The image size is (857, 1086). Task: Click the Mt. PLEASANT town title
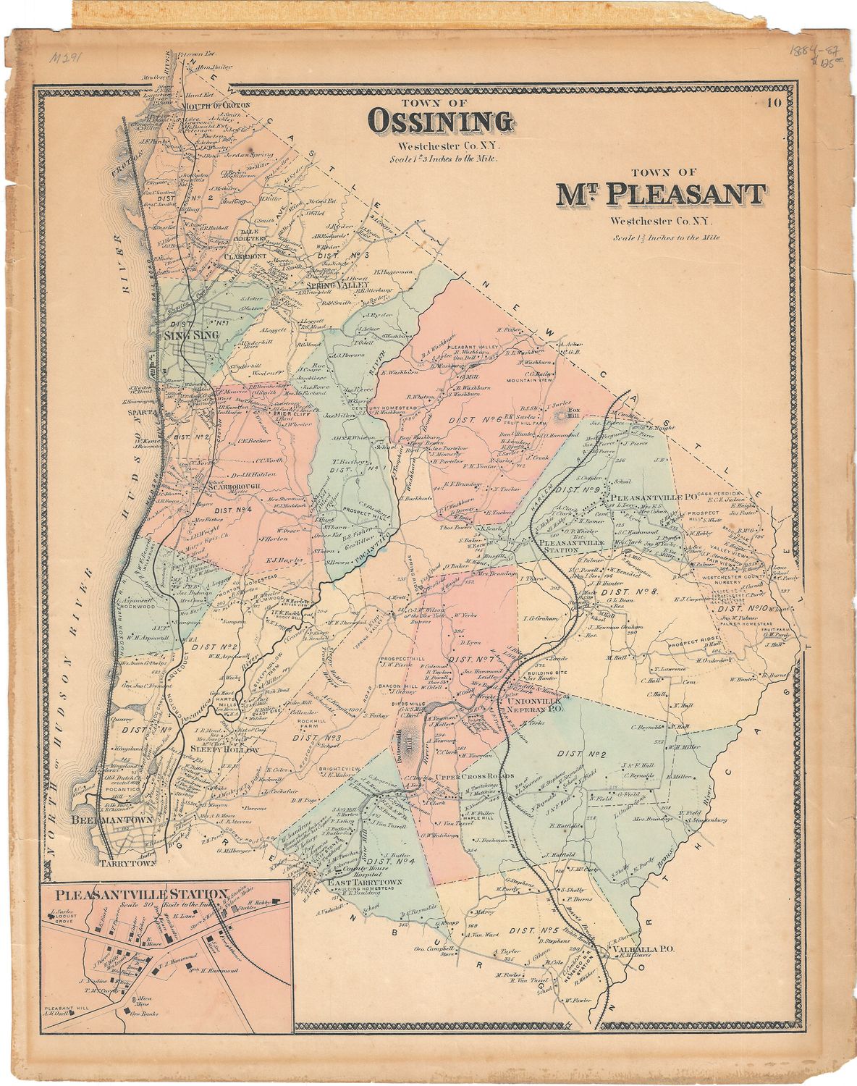(660, 195)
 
